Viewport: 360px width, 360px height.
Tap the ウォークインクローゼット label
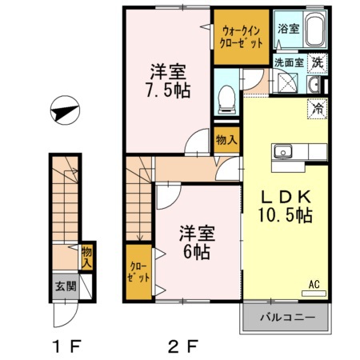(241, 36)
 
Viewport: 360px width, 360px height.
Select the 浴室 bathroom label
(288, 29)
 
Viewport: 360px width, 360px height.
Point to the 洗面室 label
(289, 62)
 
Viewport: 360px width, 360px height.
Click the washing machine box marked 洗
(318, 62)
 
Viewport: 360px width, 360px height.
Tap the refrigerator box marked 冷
(318, 106)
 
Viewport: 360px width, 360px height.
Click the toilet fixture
(226, 95)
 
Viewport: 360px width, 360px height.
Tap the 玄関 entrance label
(64, 285)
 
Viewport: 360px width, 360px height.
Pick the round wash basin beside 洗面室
(314, 84)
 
